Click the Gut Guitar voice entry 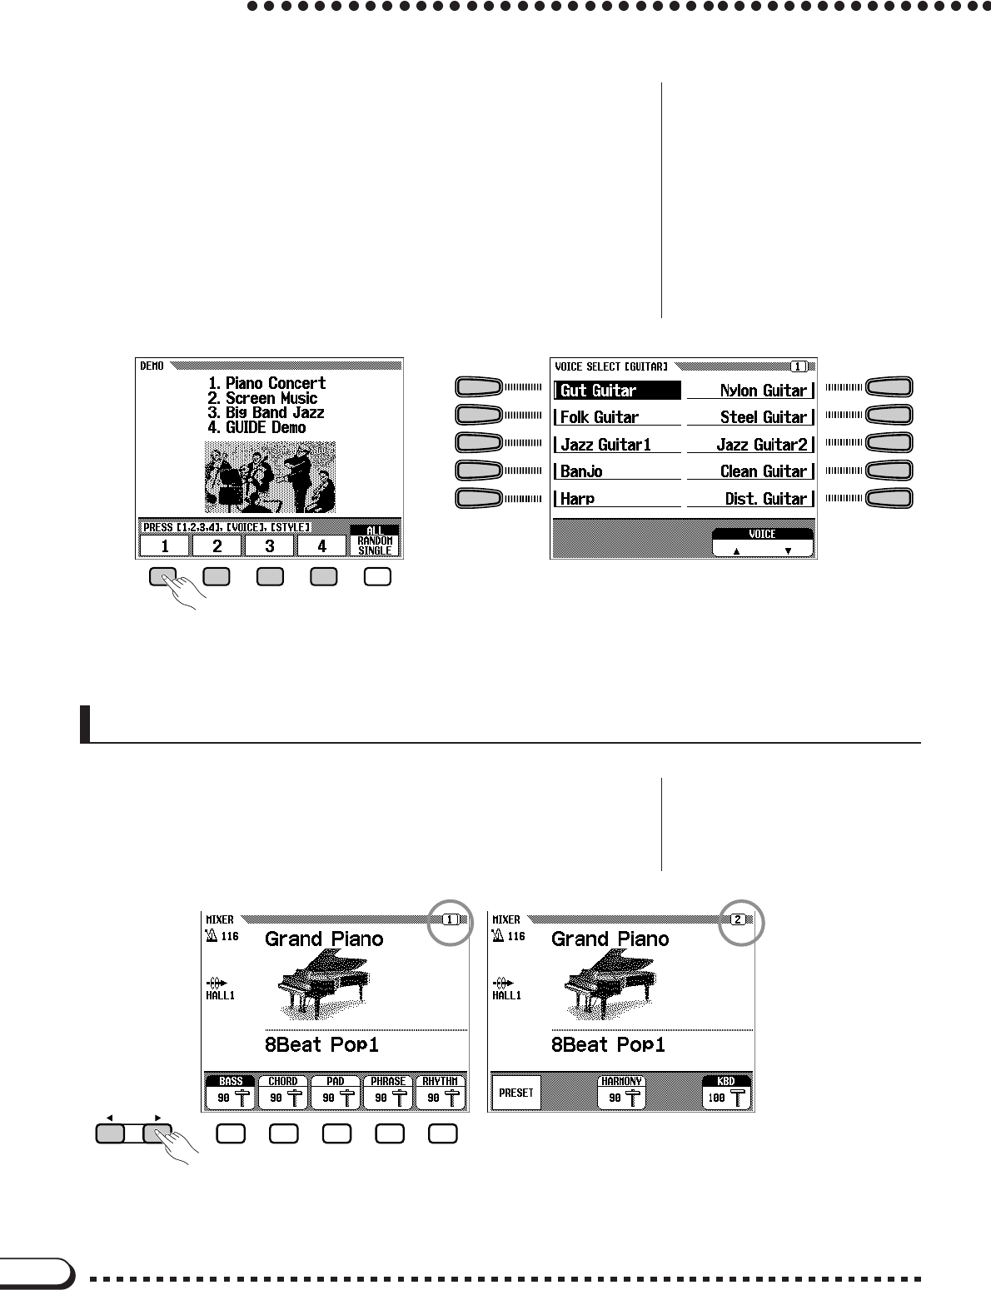click(617, 391)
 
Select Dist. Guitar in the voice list click(751, 499)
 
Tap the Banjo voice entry click(617, 471)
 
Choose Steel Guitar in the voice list click(751, 417)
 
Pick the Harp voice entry click(617, 499)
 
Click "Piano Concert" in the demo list click(267, 384)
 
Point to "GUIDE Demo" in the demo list click(257, 428)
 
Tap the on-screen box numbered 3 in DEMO click(270, 546)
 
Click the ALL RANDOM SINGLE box click(375, 540)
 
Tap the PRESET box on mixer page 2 click(516, 1093)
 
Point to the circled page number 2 click(737, 920)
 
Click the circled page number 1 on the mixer click(451, 920)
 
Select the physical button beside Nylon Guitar click(889, 387)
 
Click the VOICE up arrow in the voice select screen click(737, 550)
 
